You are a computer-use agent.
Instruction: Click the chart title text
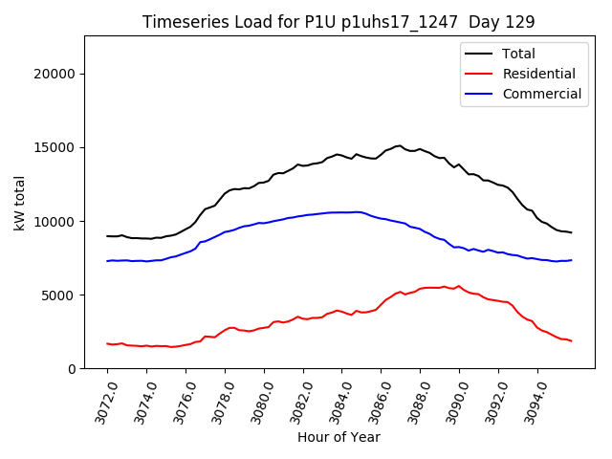[x=339, y=22]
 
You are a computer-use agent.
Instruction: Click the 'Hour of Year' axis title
[x=339, y=437]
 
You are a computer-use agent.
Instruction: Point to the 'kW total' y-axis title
[x=20, y=202]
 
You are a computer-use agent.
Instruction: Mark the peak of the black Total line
[x=399, y=145]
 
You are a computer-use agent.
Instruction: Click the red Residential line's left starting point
[x=107, y=343]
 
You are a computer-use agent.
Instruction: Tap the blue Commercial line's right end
[x=571, y=260]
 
